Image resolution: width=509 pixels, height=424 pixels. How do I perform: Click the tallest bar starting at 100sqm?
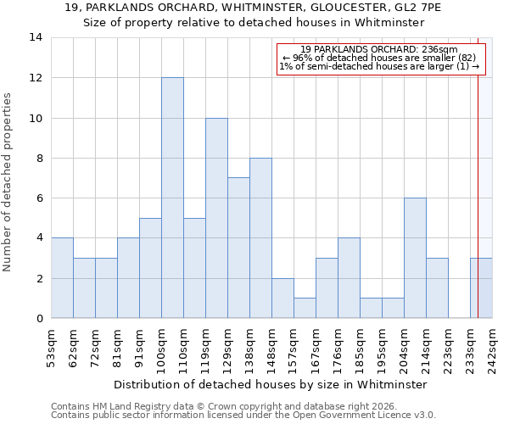point(172,198)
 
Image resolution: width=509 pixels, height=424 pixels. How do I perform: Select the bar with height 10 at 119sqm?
point(216,218)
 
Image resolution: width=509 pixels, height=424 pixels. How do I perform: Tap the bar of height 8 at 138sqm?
point(260,238)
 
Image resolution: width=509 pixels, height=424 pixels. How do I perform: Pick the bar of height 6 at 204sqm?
point(415,259)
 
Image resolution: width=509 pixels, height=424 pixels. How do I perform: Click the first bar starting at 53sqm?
point(62,278)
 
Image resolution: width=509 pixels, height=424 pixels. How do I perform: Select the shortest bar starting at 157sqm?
point(305,309)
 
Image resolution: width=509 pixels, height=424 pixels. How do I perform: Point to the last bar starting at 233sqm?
point(481,288)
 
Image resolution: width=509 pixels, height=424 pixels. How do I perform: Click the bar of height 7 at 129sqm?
point(238,248)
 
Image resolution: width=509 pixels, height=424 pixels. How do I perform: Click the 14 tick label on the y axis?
point(36,37)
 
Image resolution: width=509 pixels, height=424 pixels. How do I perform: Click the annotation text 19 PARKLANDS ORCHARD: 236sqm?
point(379,49)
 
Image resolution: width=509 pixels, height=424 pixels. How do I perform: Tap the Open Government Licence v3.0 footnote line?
point(243,416)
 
